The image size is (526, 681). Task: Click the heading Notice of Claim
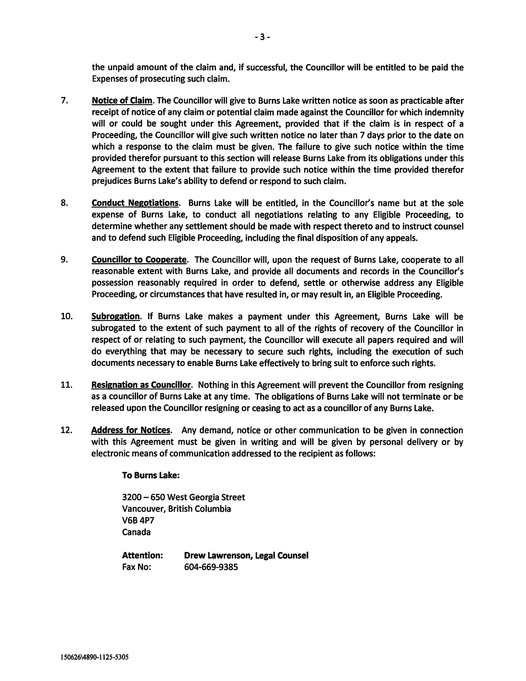[x=122, y=101]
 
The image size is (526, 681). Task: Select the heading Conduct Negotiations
[x=135, y=203]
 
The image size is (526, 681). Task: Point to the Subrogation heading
[x=115, y=317]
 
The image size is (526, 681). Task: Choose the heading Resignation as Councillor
[x=141, y=385]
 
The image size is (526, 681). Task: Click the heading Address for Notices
[x=131, y=430]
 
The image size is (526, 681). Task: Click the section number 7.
[x=64, y=101]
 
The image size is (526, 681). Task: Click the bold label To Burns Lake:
[x=151, y=475]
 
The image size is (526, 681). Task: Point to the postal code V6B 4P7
[x=138, y=520]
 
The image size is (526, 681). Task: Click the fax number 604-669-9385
[x=211, y=567]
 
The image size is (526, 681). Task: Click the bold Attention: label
[x=142, y=555]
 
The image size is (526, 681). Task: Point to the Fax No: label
[x=136, y=567]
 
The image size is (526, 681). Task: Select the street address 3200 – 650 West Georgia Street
[x=183, y=497]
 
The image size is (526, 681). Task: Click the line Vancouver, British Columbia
[x=177, y=509]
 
